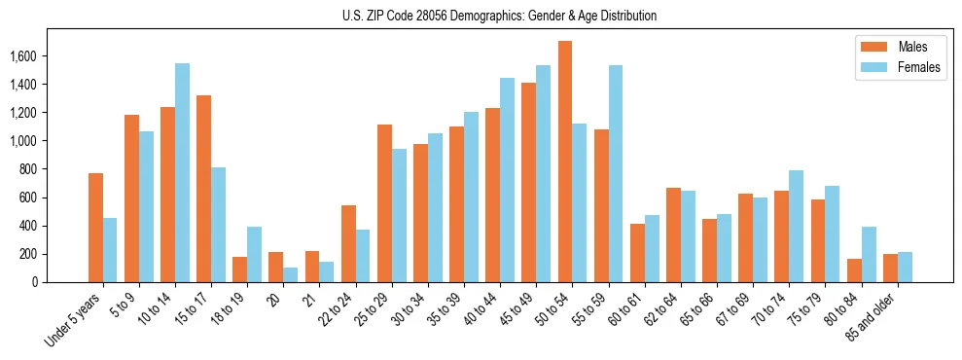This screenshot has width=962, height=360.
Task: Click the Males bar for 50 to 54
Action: pos(565,162)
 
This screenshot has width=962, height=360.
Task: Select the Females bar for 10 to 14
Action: pos(182,173)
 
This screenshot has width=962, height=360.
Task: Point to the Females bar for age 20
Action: pos(291,274)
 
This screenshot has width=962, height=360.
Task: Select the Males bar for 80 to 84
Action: pos(854,270)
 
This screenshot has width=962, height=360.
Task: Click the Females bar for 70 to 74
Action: pos(796,227)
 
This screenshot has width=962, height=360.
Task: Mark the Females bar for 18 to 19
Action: pos(254,255)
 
